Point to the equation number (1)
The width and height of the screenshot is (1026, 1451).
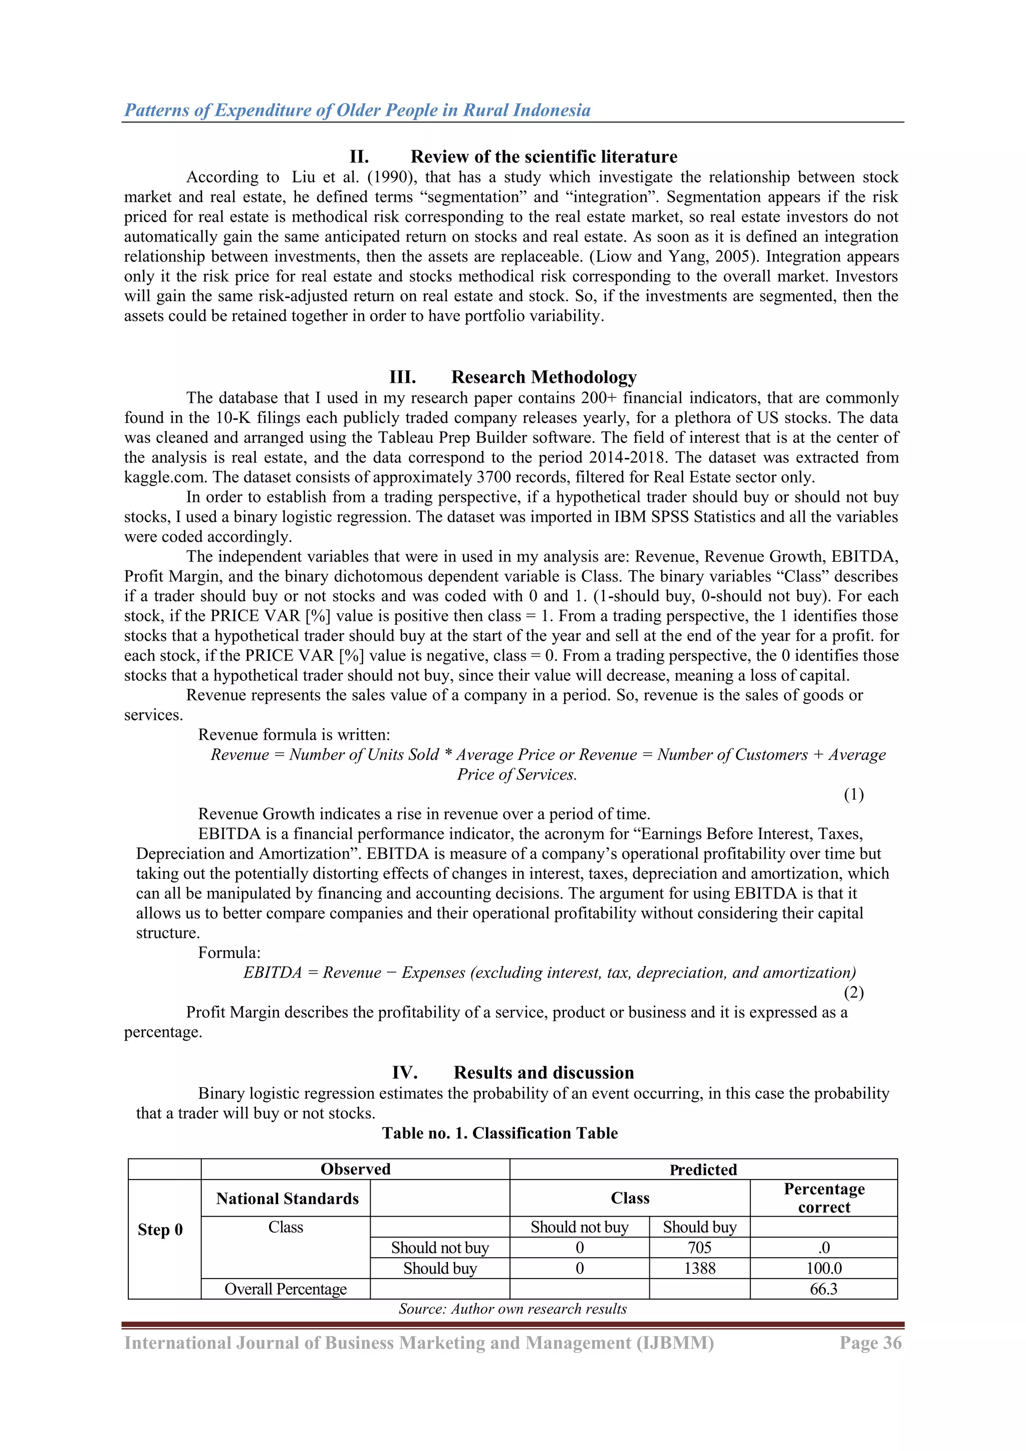point(854,794)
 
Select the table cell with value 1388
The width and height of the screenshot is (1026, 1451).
point(699,1268)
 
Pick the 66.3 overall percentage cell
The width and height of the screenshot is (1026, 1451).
point(823,1289)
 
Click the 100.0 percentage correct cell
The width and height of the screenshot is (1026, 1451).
point(823,1268)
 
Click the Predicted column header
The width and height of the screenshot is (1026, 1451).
point(703,1169)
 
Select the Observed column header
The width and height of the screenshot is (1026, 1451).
point(355,1168)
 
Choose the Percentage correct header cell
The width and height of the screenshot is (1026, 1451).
point(823,1197)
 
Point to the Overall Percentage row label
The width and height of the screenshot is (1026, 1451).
point(286,1289)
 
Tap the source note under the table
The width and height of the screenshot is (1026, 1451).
point(512,1308)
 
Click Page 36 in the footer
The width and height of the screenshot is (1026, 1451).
point(870,1342)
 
